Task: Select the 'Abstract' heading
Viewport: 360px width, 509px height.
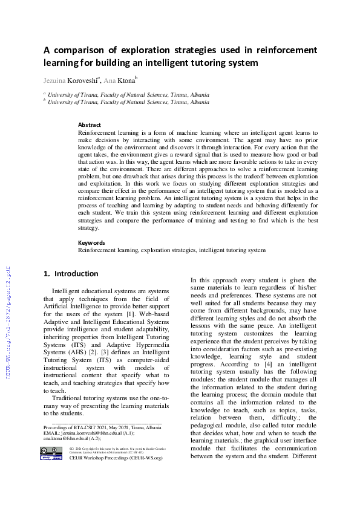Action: coord(90,125)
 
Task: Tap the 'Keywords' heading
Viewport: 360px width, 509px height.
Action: coord(92,242)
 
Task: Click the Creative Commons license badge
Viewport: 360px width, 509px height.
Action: coord(47,450)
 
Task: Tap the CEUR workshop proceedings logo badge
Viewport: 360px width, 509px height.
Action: coord(47,458)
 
